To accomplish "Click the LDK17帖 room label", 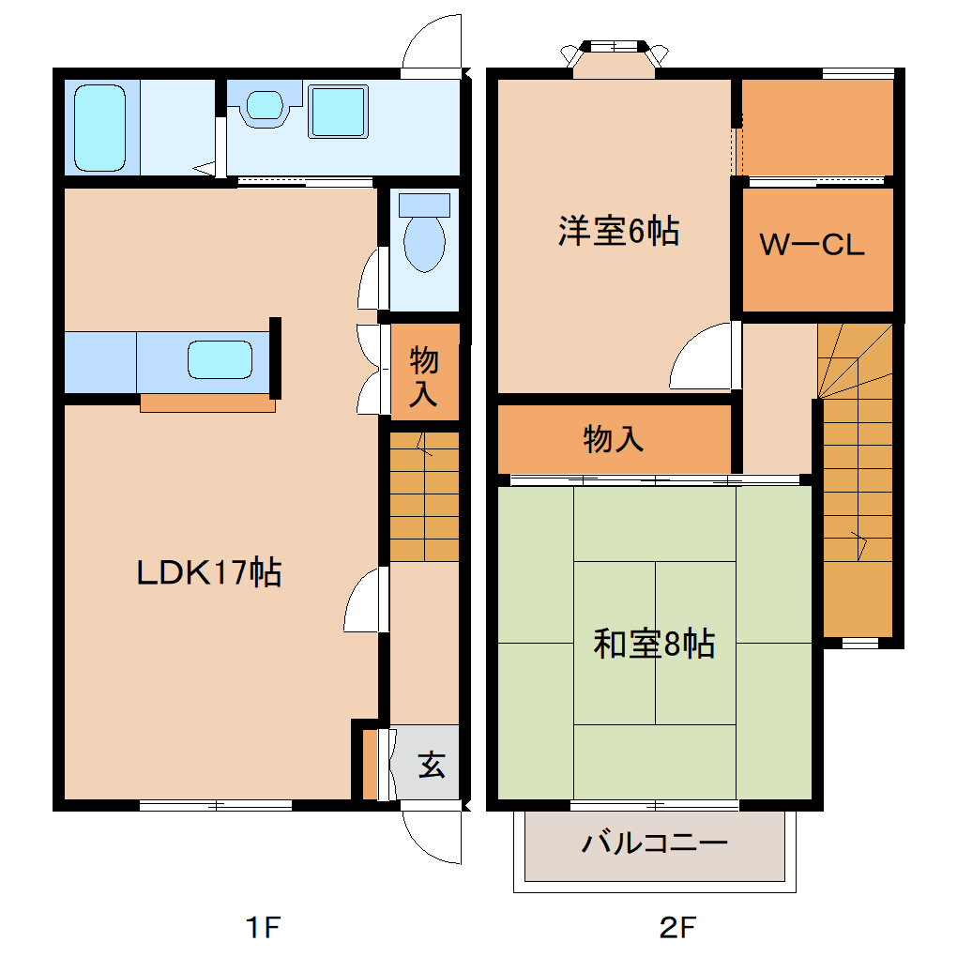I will click(x=208, y=571).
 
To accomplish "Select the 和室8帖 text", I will click(x=654, y=644).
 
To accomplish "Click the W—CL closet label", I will click(x=812, y=246).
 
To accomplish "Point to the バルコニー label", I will click(x=654, y=843).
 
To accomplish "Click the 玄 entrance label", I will click(x=431, y=765).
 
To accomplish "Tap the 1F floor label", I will click(x=263, y=928).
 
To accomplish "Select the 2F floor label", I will click(x=678, y=928).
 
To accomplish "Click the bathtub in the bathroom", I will click(x=99, y=128).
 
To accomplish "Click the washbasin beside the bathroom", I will click(x=265, y=105).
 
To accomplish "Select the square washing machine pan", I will click(x=338, y=112).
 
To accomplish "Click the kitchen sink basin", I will click(x=220, y=359).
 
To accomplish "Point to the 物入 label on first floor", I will click(x=424, y=375).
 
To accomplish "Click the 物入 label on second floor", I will click(x=613, y=438).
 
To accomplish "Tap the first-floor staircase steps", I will click(x=424, y=497).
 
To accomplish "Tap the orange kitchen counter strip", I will click(x=207, y=403).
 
